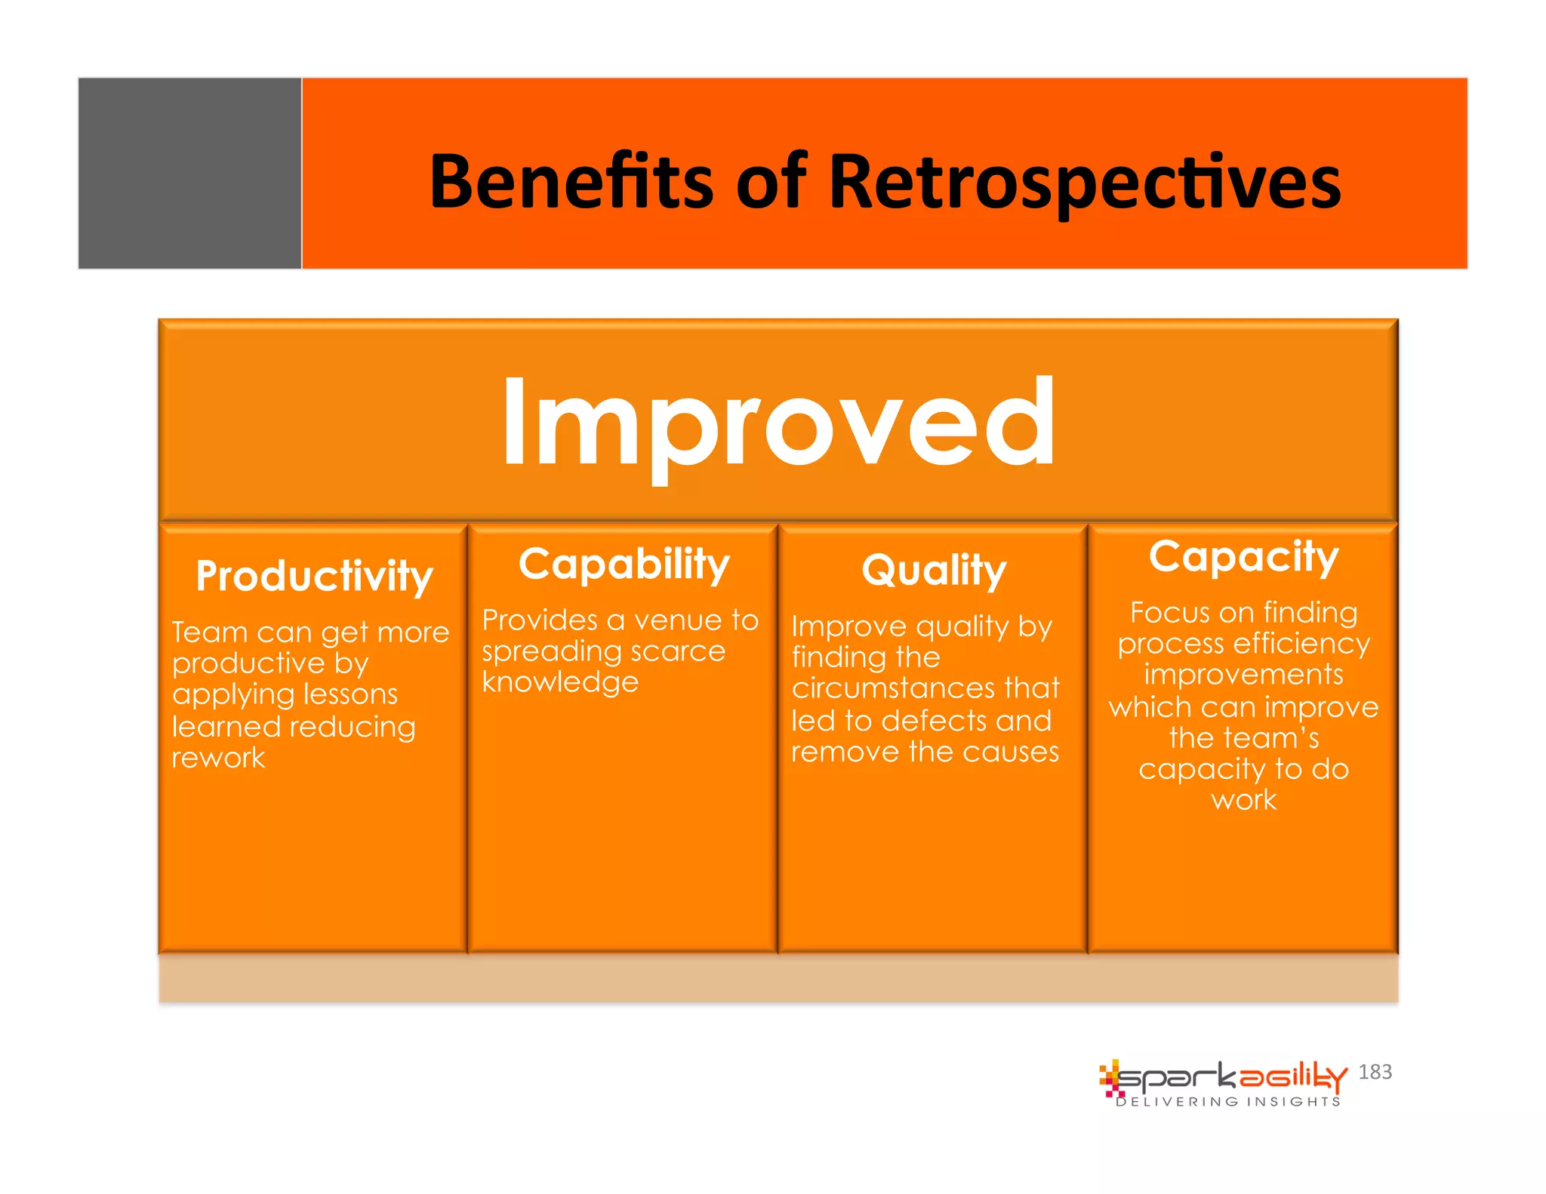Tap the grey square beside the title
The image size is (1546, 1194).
point(189,173)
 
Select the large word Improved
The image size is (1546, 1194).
point(778,423)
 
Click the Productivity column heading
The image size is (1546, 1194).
point(314,576)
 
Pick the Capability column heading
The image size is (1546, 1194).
point(624,565)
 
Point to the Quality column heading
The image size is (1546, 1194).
point(934,570)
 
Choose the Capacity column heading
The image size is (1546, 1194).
point(1243,557)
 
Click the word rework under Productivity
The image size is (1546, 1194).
point(218,758)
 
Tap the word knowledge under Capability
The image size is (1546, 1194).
point(560,682)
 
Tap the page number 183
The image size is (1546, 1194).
point(1375,1072)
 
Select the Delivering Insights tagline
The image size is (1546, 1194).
point(1228,1102)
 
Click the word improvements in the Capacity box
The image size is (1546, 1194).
point(1243,674)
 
